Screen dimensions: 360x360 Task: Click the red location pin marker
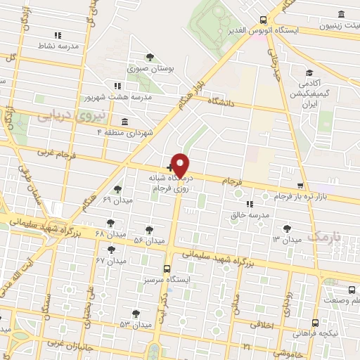tap(181, 165)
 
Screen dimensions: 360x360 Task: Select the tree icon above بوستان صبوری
tap(150, 57)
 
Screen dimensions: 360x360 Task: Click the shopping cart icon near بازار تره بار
tap(301, 186)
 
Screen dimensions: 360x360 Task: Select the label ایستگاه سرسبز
tap(168, 279)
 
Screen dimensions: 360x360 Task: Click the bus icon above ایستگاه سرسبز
tap(167, 268)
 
